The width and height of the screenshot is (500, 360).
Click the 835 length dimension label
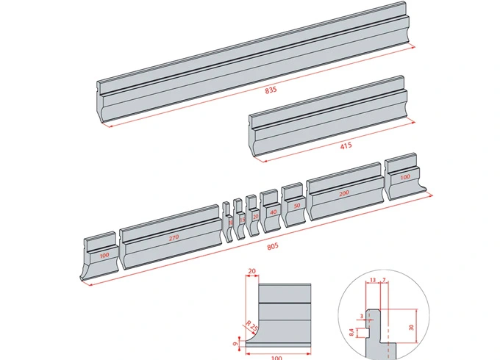coord(271,90)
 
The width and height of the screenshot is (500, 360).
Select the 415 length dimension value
coord(346,145)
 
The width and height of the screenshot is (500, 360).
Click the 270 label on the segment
coord(174,237)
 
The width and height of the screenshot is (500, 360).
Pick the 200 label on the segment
coord(344,192)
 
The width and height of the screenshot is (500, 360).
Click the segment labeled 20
coord(255,217)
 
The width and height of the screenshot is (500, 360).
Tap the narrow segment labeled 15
coord(242,220)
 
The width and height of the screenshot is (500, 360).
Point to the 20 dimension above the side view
coord(253,272)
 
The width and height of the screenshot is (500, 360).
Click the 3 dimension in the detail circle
coord(362,314)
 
